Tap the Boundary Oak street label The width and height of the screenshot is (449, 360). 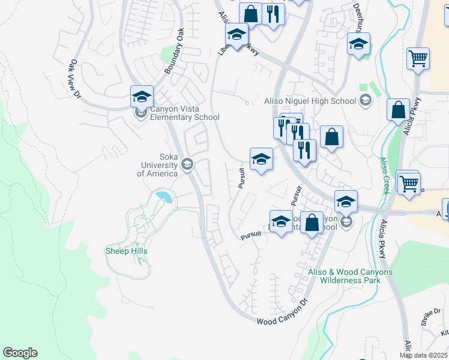point(173,51)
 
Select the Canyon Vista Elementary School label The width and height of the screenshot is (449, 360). point(176,113)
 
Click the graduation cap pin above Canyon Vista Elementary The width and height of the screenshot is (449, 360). point(142,96)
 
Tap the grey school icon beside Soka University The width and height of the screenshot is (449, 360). point(187,164)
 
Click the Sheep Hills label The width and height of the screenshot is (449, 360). point(126,251)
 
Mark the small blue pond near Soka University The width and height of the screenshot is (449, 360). point(163,196)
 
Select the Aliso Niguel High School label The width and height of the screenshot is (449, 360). point(310,101)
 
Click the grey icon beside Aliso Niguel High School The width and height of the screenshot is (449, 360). point(364,101)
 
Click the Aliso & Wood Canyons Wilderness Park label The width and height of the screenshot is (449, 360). point(350,276)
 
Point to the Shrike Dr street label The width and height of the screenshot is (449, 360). point(430,316)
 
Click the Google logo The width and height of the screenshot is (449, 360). point(20,353)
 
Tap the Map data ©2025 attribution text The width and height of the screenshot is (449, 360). point(423,355)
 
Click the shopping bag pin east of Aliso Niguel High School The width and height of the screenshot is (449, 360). point(398,110)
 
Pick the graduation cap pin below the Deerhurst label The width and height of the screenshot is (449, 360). point(358,44)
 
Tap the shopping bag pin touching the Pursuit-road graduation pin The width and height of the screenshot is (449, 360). point(312,223)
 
